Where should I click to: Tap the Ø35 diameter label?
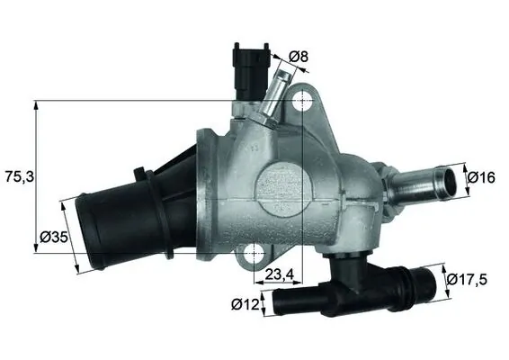point(52,239)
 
